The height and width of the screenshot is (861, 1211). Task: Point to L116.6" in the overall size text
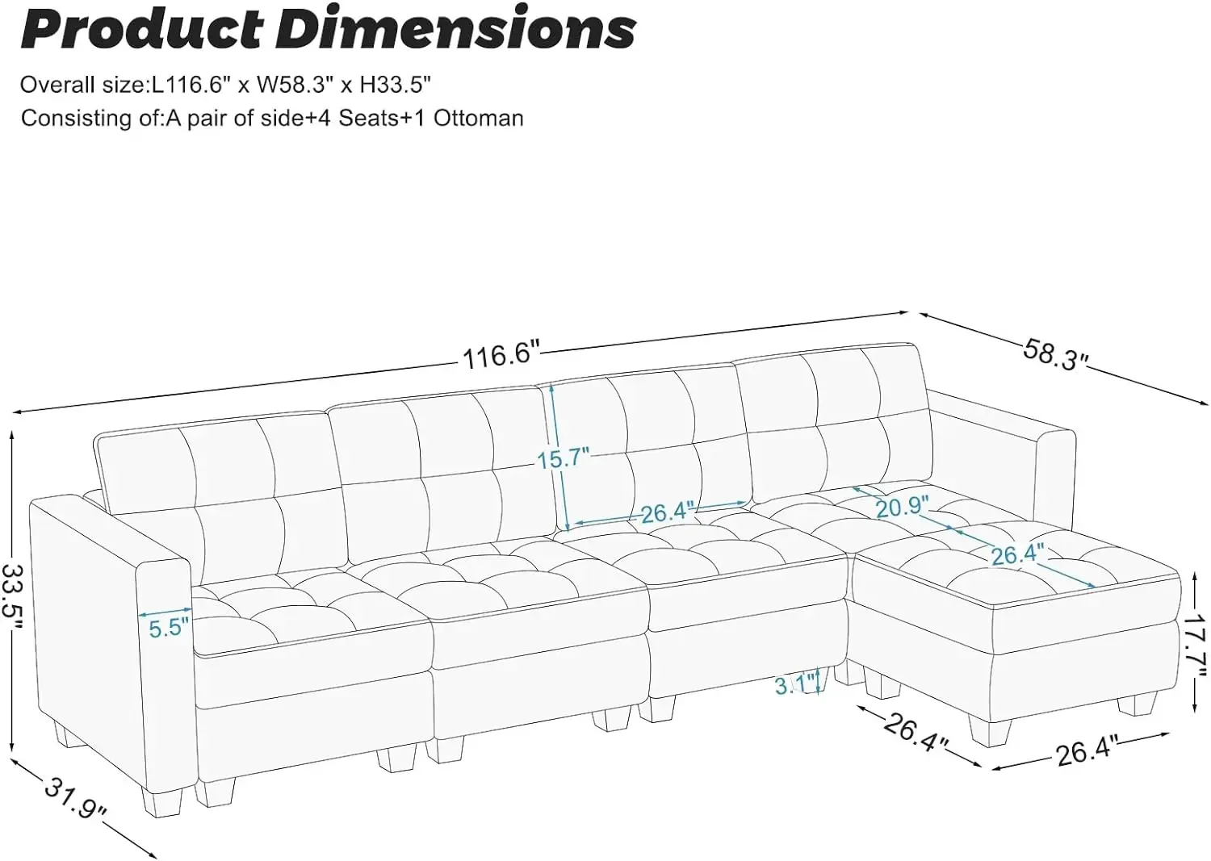pos(194,85)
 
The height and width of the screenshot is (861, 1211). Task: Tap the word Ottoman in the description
pos(478,119)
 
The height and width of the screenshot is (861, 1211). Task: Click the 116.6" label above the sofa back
pos(501,356)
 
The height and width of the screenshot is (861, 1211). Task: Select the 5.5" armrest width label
pos(170,629)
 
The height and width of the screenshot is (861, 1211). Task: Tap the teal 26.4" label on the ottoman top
pos(1017,555)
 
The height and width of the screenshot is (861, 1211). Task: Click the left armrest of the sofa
pos(111,649)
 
